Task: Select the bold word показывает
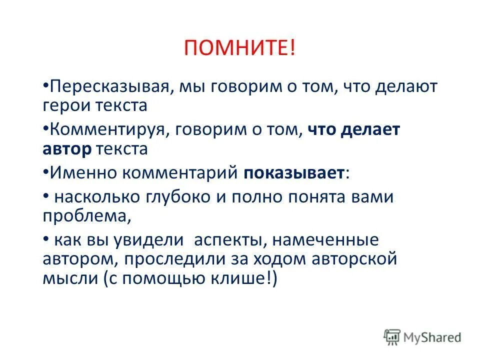[x=294, y=173]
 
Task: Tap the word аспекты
[x=224, y=241]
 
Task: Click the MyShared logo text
[x=433, y=338]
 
